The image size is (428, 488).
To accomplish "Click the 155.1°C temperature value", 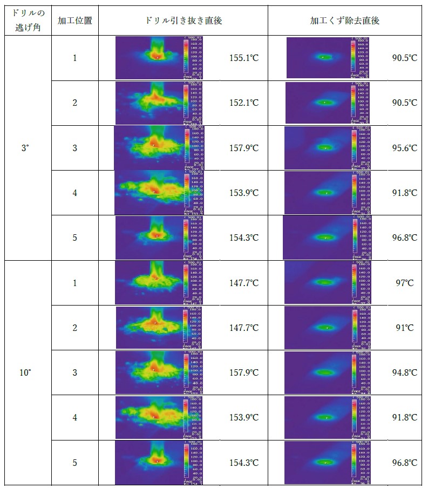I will coord(243,58).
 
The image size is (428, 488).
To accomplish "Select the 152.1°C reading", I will coord(243,103).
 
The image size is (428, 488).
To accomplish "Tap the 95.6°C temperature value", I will coord(404,147).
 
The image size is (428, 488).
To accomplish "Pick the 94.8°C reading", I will coord(404,372).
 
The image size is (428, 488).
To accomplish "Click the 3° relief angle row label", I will coord(26,147).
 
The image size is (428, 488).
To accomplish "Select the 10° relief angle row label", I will coord(26,372).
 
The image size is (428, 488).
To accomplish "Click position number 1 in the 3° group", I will coord(75,58).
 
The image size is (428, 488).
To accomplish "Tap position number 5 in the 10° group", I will coord(75,463).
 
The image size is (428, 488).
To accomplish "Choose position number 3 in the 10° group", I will coord(75,372).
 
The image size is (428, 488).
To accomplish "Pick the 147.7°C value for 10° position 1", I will coord(243,283).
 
